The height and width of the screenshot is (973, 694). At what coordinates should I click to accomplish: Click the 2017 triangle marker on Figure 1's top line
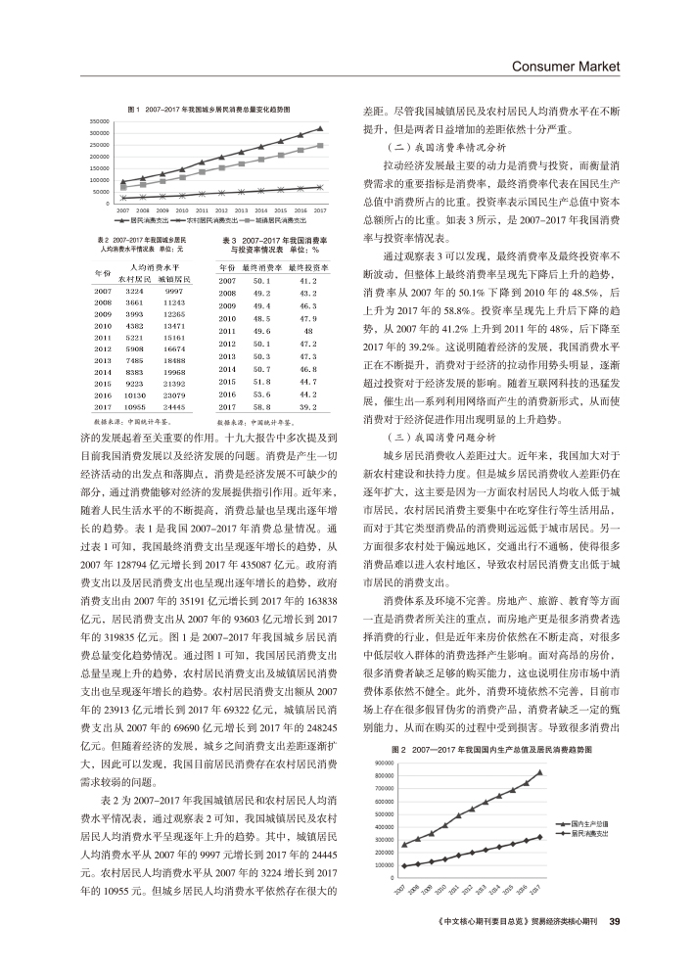pos(320,128)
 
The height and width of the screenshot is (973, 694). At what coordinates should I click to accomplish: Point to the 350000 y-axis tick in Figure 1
pos(99,120)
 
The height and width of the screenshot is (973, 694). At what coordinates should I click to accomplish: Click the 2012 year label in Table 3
pos(228,345)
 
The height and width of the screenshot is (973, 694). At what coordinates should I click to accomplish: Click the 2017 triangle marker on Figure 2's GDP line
pos(541,772)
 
